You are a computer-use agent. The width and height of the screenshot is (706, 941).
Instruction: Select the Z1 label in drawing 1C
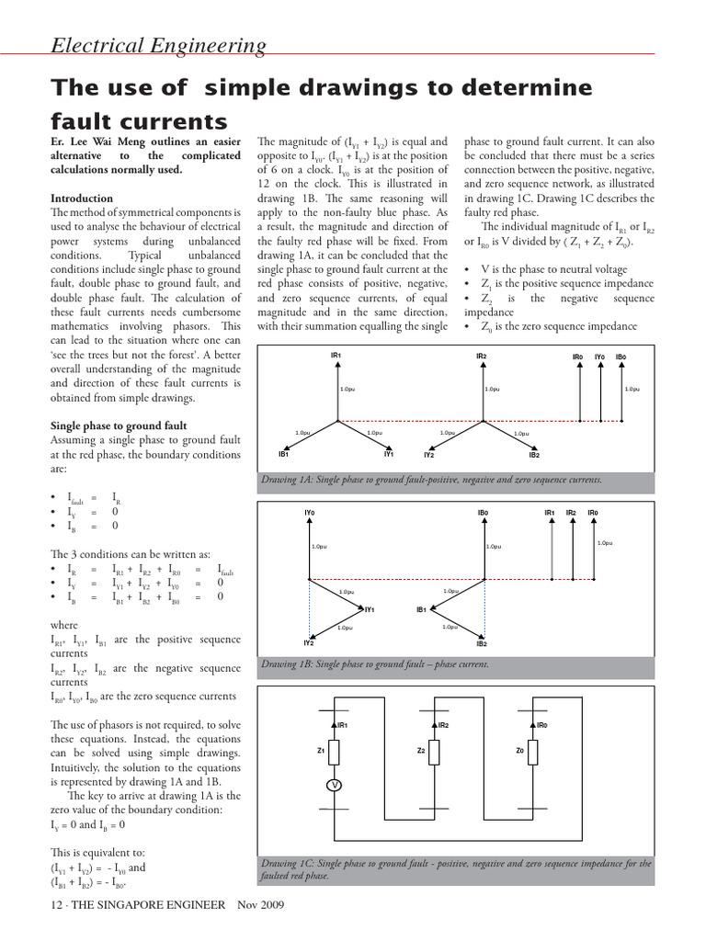321,751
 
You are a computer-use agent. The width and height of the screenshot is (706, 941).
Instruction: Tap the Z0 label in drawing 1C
519,751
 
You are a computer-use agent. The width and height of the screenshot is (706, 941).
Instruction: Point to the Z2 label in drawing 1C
420,751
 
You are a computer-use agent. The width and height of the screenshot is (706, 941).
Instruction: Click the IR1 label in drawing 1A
336,356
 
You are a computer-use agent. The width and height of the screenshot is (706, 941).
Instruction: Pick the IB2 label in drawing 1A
534,455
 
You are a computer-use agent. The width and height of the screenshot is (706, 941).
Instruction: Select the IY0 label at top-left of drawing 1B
309,512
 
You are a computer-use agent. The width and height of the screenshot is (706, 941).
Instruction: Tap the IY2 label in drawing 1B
309,643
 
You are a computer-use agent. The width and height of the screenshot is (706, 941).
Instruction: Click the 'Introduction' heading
82,198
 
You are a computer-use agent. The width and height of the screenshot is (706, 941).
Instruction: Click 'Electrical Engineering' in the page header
158,46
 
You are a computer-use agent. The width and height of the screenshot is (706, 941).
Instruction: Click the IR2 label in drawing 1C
443,725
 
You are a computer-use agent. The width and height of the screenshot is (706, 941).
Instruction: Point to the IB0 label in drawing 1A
621,356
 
